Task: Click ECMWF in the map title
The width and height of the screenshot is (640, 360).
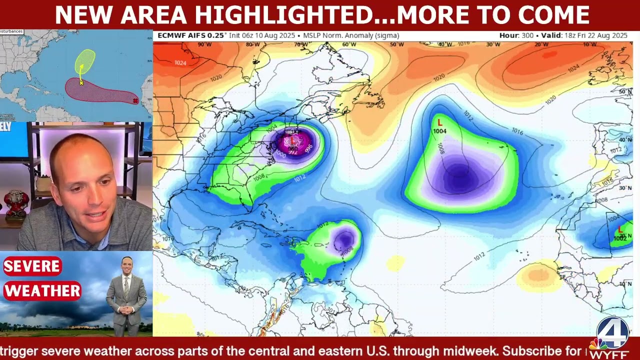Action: (172, 35)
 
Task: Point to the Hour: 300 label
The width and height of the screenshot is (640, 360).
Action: (517, 35)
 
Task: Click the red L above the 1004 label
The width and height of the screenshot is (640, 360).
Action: (440, 122)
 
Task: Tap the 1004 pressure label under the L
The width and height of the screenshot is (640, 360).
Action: (440, 131)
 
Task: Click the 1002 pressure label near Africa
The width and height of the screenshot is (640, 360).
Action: (620, 238)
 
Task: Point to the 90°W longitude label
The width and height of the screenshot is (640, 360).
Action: (204, 45)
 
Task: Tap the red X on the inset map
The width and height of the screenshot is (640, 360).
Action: (135, 101)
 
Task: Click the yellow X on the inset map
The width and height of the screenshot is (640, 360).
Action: (81, 83)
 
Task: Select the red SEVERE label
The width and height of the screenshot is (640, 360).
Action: (32, 266)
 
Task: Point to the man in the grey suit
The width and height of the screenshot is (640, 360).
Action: (126, 297)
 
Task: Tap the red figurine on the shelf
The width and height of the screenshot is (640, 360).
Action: (16, 202)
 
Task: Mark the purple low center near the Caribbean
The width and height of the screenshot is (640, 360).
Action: (344, 239)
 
